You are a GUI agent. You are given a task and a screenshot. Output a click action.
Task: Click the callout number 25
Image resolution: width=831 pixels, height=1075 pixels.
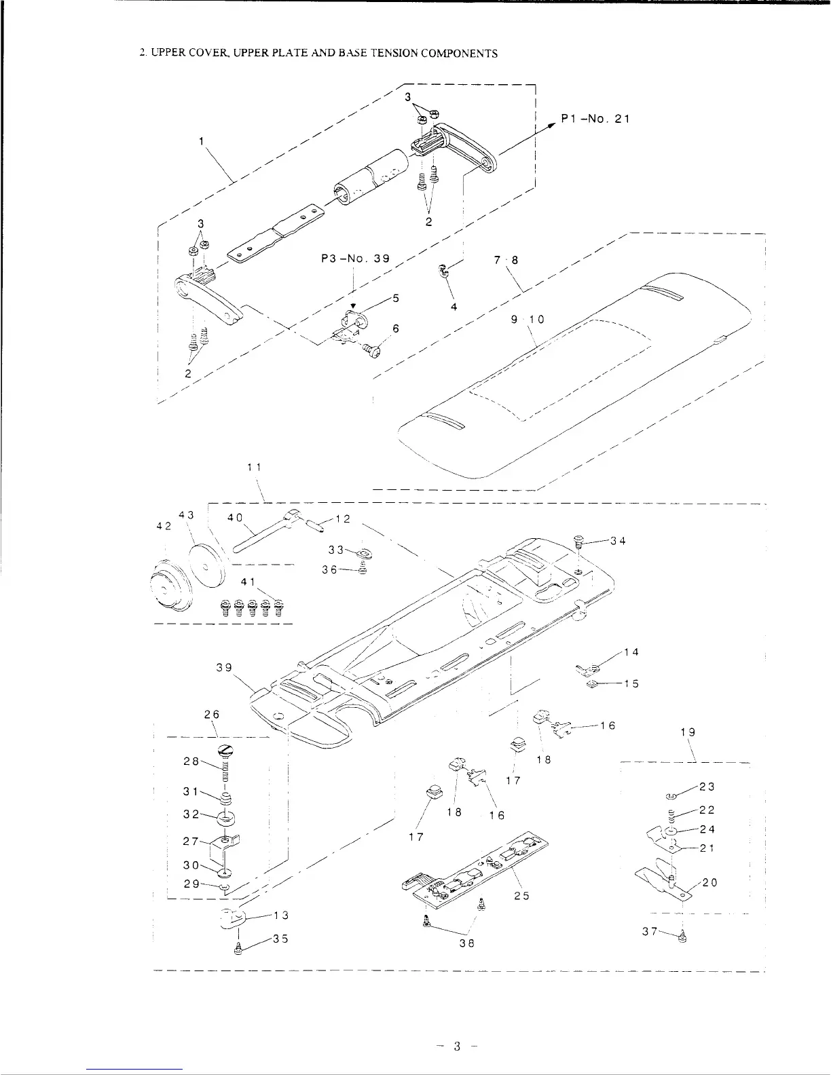521,895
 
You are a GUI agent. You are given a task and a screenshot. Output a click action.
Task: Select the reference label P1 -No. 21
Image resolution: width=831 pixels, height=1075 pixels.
595,119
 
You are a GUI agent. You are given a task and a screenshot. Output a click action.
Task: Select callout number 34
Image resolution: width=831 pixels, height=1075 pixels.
617,541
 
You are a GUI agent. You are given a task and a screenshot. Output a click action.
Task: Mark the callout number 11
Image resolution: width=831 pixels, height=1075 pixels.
255,467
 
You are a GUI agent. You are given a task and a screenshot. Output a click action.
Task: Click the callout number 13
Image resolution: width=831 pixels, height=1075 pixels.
281,915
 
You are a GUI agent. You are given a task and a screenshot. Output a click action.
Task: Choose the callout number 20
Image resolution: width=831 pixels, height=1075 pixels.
710,883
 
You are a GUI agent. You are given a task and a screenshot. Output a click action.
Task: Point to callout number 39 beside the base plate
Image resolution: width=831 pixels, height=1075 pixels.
225,668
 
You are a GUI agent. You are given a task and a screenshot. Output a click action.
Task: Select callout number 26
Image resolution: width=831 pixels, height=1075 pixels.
211,715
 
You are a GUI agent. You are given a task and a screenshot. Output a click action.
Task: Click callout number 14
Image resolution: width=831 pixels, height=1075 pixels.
631,652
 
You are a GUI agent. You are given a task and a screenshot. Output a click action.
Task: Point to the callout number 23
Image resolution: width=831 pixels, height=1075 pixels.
707,787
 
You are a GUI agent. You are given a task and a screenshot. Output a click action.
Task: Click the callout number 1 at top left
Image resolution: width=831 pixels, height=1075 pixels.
201,142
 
